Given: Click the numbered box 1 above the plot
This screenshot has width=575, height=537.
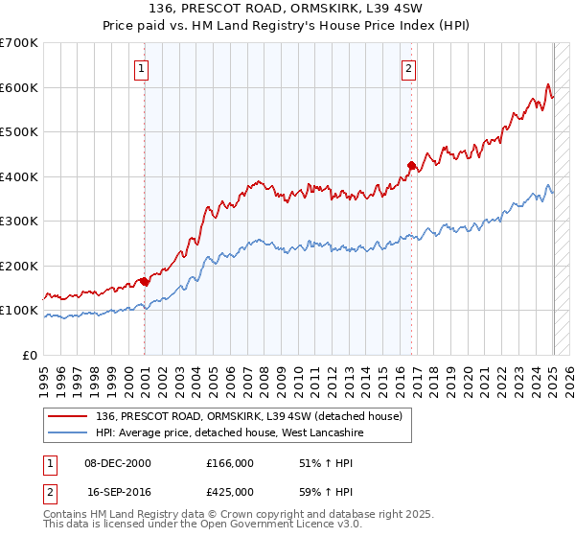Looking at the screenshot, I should coord(141,68).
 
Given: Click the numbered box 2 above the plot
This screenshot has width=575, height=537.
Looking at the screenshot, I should coord(409,68).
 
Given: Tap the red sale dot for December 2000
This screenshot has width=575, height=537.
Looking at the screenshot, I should coord(145,281).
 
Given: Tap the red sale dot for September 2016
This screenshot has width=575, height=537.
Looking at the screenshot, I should coord(412,166).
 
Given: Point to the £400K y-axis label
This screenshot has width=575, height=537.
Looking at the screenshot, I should coord(19,176).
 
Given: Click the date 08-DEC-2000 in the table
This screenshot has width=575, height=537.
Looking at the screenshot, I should coord(118,463).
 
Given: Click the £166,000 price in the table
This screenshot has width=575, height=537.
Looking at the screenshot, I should coord(230,463).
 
